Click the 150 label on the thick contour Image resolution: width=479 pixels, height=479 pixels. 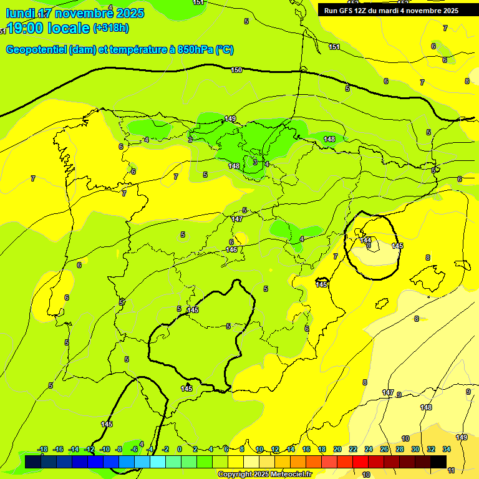tap(236, 70)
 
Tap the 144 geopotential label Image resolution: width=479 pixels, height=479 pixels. tap(366, 239)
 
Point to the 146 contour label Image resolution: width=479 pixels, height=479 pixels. tap(231, 249)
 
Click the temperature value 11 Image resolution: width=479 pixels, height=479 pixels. tap(451, 470)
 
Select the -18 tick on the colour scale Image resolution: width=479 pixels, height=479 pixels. tap(43, 449)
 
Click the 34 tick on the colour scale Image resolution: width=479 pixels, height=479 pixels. tap(447, 449)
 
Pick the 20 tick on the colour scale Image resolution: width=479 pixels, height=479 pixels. tap(337, 449)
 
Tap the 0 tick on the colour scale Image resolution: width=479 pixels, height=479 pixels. tap(180, 449)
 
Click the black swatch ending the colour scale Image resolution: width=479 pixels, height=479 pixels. tap(438, 462)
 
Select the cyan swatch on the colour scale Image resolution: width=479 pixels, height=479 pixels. tap(158, 462)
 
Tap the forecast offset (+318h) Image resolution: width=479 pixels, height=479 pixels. tap(111, 28)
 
